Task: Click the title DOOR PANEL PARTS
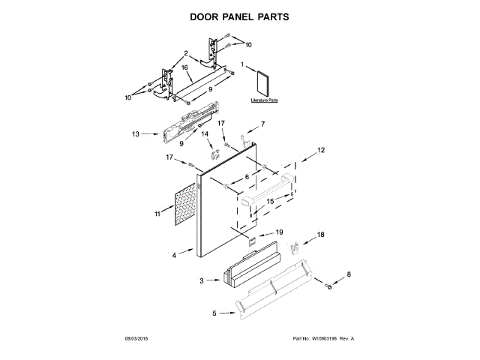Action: coord(239,15)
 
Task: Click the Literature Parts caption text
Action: coord(264,99)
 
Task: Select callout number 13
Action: coord(136,134)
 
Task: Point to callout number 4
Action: coord(174,256)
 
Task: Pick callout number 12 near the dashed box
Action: coord(321,151)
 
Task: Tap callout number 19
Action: coord(279,232)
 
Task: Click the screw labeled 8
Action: coord(328,286)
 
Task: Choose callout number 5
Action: coord(214,313)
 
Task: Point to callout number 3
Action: coord(202,280)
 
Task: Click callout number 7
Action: coord(262,124)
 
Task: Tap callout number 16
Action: coord(184,67)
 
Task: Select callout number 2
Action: coord(184,52)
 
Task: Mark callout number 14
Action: coord(204,134)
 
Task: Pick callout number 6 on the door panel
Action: coord(246,177)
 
